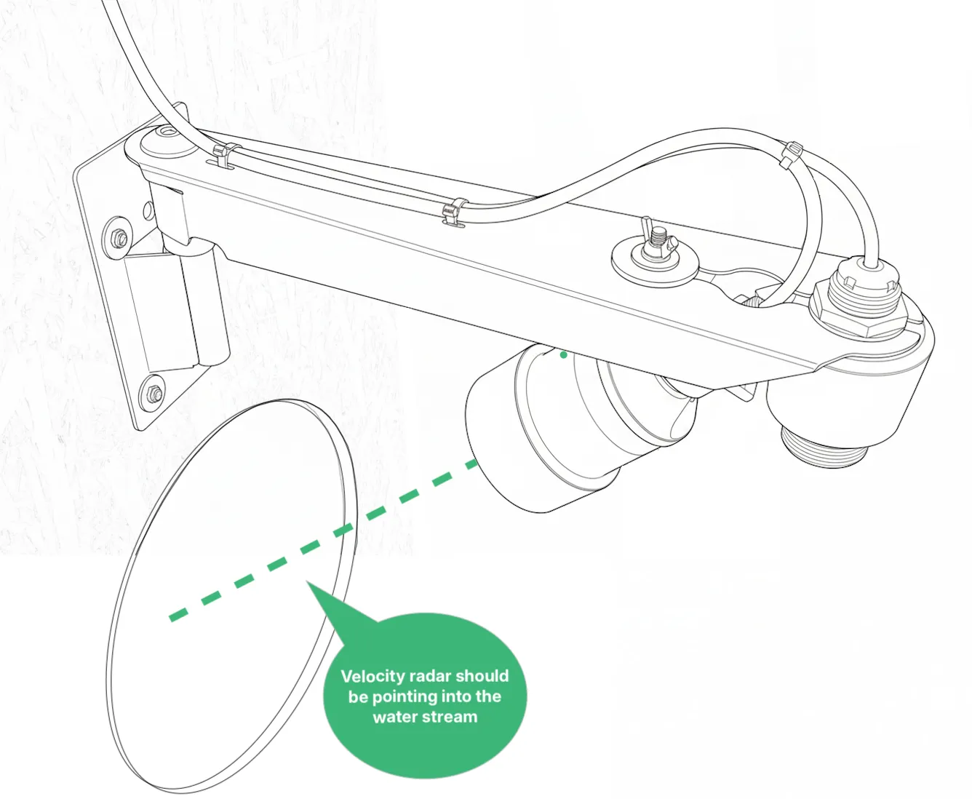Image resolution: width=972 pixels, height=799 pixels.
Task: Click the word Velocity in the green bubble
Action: coord(373,676)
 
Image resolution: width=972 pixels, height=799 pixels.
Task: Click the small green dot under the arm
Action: coord(563,354)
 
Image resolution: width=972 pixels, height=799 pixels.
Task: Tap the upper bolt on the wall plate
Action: coord(120,238)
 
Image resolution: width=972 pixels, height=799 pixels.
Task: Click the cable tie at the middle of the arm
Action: coord(455,212)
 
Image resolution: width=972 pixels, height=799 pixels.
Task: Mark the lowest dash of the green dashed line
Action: coord(179,615)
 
